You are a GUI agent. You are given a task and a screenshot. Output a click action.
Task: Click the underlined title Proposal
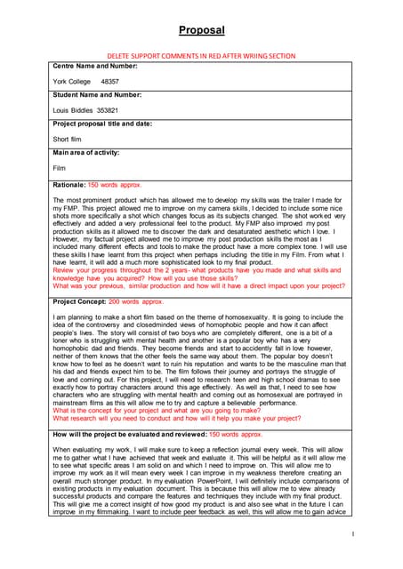201,30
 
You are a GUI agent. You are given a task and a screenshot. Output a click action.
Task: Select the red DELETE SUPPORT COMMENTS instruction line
201,55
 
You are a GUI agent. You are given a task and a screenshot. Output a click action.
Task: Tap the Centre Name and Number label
94,66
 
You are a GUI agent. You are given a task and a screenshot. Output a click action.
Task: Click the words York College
72,81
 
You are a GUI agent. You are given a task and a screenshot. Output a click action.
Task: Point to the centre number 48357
112,81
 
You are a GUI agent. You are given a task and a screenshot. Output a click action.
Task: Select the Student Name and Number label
97,94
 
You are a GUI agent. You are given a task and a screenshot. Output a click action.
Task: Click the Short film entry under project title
69,139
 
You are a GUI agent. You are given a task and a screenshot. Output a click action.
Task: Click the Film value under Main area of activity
60,167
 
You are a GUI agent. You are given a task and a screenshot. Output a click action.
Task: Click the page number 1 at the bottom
353,534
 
